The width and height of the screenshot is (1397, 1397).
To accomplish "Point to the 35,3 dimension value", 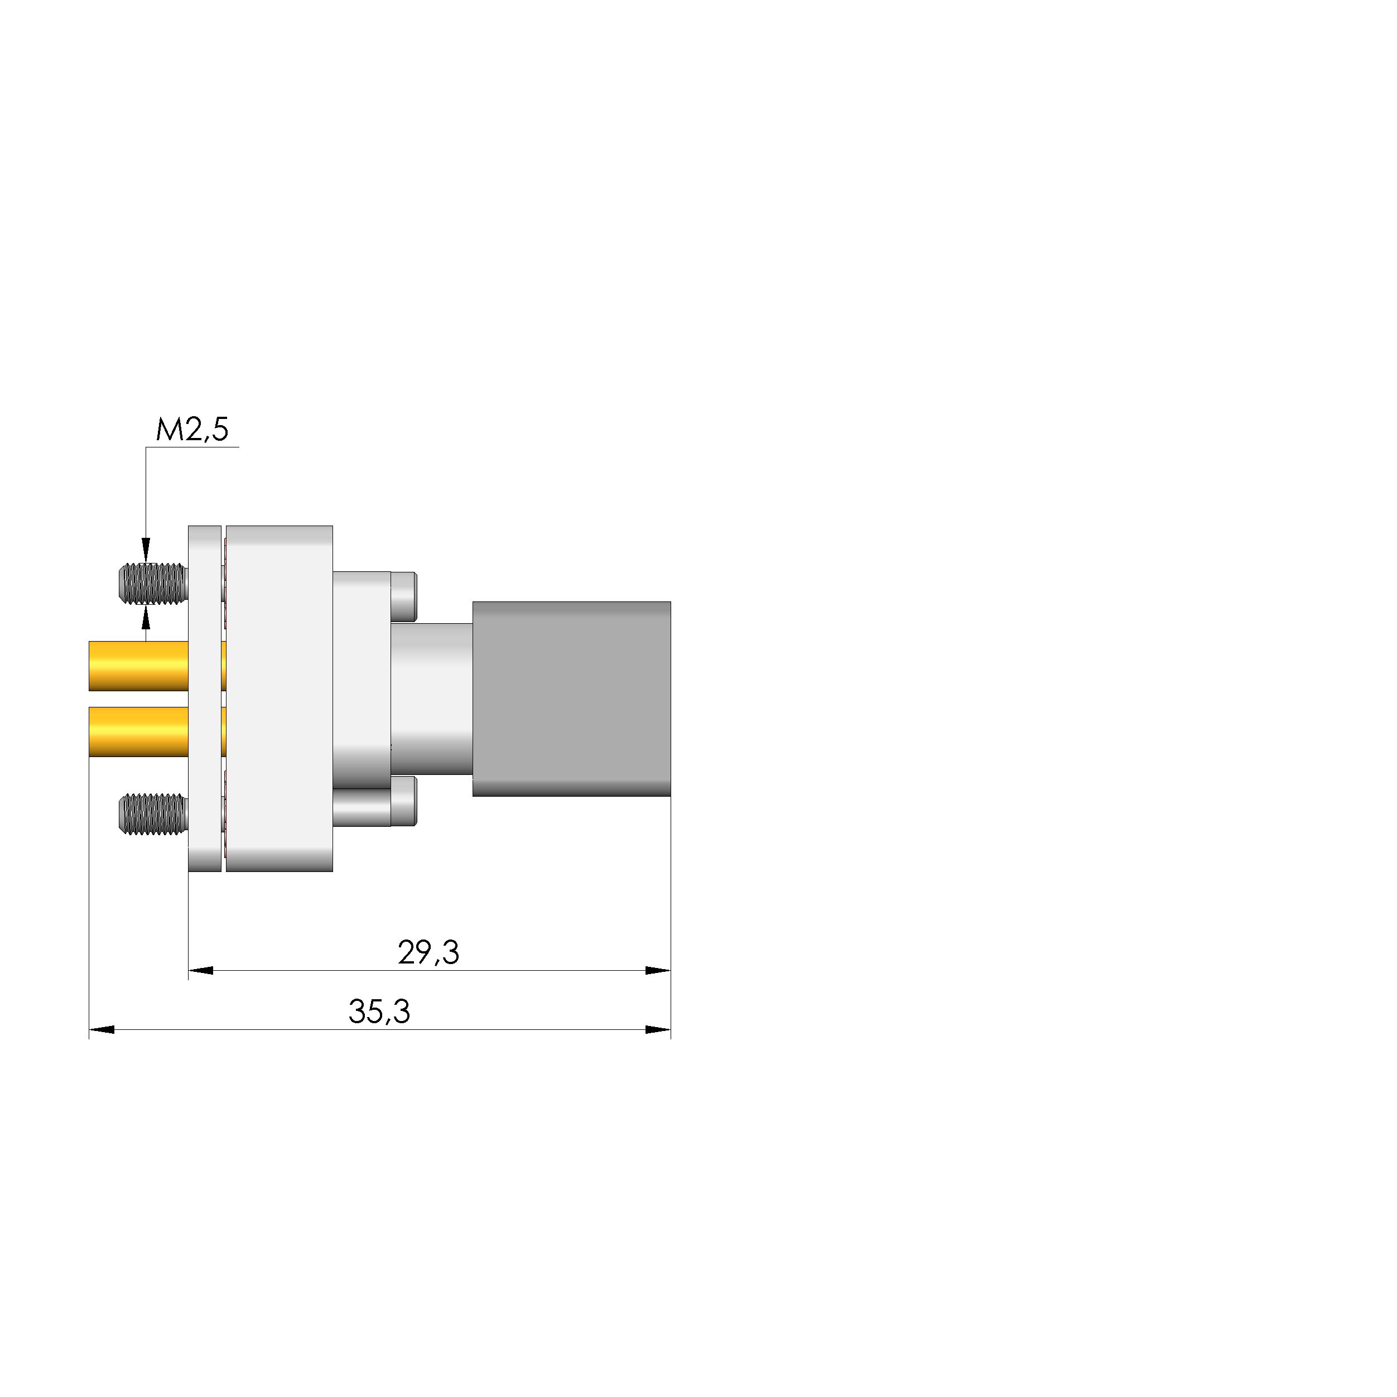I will coord(379,1012).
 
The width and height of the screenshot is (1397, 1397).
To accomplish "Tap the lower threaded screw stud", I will coord(151,813).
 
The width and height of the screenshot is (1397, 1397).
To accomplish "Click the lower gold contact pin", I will coord(137,732).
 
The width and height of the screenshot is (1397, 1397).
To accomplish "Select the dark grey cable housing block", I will coord(571,698).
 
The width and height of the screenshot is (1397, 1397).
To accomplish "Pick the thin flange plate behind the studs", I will coord(205,698).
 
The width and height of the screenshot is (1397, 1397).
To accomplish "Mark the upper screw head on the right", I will coord(403,596).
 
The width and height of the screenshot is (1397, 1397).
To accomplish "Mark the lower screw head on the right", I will coord(403,801).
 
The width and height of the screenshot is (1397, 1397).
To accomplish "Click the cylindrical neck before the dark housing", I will coord(432,698).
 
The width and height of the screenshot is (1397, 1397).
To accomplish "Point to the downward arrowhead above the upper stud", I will coord(146,550).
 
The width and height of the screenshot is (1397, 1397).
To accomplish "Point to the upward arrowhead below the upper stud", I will coord(146,618).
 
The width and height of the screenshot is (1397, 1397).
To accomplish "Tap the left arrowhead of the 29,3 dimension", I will coord(200,970).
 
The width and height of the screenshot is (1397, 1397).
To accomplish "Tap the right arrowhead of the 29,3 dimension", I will coord(658,970).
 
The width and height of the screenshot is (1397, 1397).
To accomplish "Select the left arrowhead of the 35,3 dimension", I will coord(101,1029).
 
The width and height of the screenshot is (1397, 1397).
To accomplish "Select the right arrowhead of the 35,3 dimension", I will coord(658,1029).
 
